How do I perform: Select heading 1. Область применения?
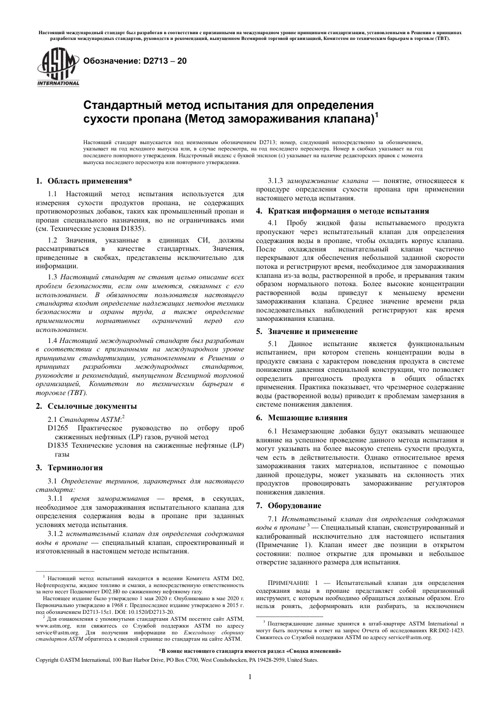(x=84, y=181)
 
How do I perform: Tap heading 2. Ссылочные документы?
(x=86, y=406)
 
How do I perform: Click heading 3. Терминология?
(x=69, y=468)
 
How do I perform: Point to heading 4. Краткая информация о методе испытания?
(x=342, y=211)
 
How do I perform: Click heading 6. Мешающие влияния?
(x=302, y=418)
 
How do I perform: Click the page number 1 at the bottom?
(x=250, y=678)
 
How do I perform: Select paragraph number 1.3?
(x=52, y=277)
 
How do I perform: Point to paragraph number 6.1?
(x=274, y=430)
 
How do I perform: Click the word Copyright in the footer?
(x=47, y=659)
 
